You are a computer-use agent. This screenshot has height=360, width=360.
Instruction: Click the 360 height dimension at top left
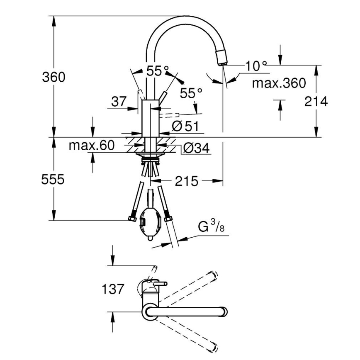[54, 77]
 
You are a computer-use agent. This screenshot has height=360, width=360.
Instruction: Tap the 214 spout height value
[316, 101]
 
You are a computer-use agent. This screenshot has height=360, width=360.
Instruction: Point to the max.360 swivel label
[279, 83]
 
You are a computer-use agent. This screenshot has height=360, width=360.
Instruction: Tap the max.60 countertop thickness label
[91, 146]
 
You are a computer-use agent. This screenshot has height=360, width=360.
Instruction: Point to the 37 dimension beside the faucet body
[119, 102]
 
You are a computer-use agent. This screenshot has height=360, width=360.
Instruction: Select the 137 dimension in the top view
[113, 289]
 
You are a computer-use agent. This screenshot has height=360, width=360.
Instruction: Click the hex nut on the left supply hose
[132, 219]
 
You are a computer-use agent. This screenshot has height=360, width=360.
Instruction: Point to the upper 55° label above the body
[158, 71]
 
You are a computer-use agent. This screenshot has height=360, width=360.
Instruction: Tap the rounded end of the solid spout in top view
[224, 311]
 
